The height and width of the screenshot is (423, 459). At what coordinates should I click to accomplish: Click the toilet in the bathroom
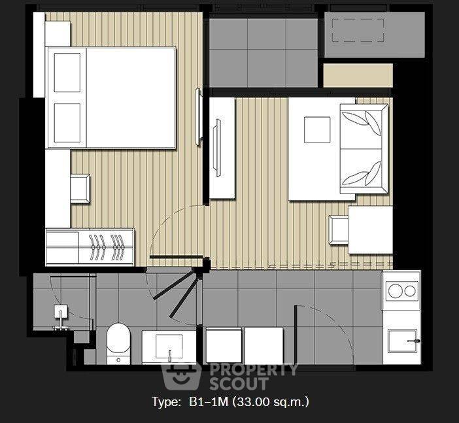pyautogui.click(x=118, y=343)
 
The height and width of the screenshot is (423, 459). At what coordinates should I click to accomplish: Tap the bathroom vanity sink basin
pyautogui.click(x=169, y=347)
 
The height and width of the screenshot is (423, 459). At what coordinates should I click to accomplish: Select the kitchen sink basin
pyautogui.click(x=402, y=341)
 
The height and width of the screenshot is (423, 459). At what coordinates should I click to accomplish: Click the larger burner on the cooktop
pyautogui.click(x=395, y=292)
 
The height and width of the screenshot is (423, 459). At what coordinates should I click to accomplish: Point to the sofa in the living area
pyautogui.click(x=364, y=148)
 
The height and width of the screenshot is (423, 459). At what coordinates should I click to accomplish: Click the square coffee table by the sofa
pyautogui.click(x=317, y=130)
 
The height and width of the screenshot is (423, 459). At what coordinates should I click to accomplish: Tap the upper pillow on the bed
pyautogui.click(x=67, y=73)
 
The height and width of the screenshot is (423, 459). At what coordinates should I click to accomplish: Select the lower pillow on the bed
pyautogui.click(x=67, y=123)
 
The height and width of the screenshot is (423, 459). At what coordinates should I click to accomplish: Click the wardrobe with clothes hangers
pyautogui.click(x=90, y=247)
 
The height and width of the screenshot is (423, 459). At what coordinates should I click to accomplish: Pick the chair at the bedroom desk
pyautogui.click(x=80, y=189)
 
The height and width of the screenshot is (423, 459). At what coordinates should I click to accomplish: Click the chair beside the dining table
pyautogui.click(x=339, y=229)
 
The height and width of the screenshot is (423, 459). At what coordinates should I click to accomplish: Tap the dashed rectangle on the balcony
pyautogui.click(x=358, y=31)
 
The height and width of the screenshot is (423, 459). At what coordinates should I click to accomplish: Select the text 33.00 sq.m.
pyautogui.click(x=271, y=401)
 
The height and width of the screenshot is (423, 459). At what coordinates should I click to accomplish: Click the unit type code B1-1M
pyautogui.click(x=209, y=401)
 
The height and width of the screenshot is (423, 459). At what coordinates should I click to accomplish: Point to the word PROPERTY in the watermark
pyautogui.click(x=254, y=370)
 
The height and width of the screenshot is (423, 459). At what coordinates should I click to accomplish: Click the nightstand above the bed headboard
pyautogui.click(x=58, y=33)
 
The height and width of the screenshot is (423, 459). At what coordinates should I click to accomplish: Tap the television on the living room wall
pyautogui.click(x=218, y=148)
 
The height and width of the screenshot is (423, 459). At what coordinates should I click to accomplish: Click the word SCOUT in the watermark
pyautogui.click(x=239, y=384)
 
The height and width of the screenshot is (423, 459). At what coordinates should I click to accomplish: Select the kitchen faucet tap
pyautogui.click(x=414, y=341)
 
